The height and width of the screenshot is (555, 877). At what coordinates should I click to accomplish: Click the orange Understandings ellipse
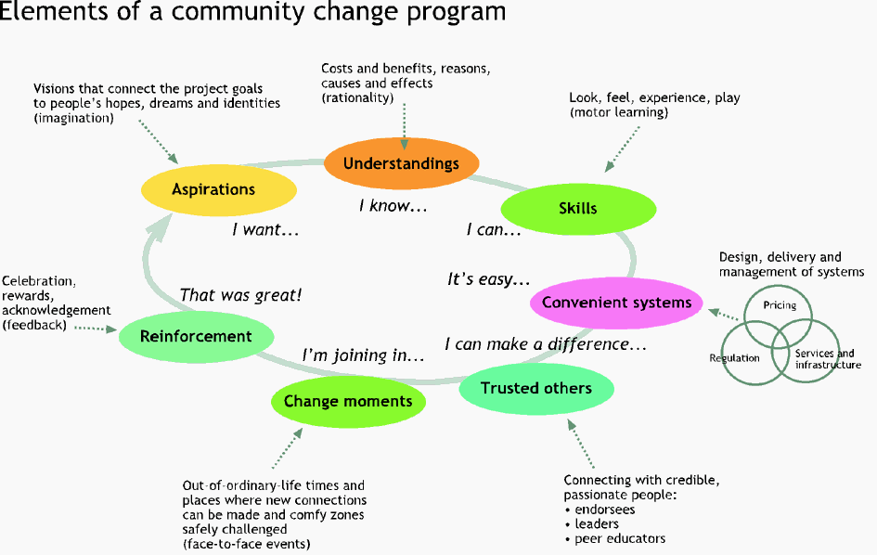tap(402, 163)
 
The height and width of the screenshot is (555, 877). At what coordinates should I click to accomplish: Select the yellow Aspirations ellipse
tap(219, 189)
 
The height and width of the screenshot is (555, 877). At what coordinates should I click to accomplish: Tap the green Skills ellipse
tap(578, 209)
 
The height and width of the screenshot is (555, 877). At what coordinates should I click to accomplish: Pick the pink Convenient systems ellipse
tap(616, 303)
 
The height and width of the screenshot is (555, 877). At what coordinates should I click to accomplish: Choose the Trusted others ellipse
tap(536, 388)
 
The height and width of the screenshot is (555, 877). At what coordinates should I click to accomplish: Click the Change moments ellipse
tap(348, 401)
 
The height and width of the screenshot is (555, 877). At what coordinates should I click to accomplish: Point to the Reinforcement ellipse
tap(197, 336)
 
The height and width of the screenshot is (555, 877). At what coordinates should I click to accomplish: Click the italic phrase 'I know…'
tap(393, 206)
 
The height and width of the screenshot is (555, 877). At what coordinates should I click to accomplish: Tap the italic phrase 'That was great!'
tap(240, 295)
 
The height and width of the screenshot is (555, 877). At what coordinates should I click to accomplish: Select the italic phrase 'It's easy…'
tap(489, 278)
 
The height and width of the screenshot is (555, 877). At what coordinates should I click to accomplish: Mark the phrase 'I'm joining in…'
tap(363, 355)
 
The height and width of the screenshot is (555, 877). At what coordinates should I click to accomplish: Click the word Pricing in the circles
tap(780, 305)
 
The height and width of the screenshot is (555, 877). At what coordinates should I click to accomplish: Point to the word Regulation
tap(734, 358)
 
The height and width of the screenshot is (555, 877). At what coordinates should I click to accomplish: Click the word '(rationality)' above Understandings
tap(357, 97)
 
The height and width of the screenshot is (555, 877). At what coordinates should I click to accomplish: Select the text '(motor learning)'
tap(619, 112)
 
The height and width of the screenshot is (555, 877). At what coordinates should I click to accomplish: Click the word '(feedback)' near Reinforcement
tap(34, 325)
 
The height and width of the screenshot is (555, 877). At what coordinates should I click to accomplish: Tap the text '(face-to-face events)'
tap(246, 544)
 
